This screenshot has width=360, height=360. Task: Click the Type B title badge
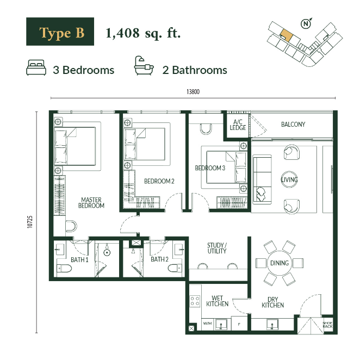coord(60,32)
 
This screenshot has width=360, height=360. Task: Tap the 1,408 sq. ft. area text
coord(143,33)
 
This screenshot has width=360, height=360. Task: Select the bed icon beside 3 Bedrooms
coord(36,67)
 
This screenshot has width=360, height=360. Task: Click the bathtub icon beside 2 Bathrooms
coord(144,66)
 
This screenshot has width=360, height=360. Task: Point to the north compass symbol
coord(306,23)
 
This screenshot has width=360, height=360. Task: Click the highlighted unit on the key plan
coord(286,35)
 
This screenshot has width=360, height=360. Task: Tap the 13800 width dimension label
coord(193,92)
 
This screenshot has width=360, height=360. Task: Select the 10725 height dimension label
coord(30,222)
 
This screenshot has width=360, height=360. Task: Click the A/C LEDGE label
coord(238,125)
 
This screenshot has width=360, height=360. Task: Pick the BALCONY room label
coord(293,125)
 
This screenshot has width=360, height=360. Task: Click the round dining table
coord(280,263)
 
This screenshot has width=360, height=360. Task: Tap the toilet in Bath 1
coord(64,268)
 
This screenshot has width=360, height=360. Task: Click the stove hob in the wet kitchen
coord(195,301)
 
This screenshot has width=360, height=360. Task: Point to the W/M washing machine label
coord(207,323)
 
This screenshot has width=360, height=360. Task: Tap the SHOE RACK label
coord(327,325)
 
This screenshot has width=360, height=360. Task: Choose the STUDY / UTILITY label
coord(217,248)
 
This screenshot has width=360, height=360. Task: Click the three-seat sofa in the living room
coord(262,179)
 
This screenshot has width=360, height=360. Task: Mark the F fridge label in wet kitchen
coord(239,325)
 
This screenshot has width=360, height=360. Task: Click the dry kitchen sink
coord(272,325)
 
